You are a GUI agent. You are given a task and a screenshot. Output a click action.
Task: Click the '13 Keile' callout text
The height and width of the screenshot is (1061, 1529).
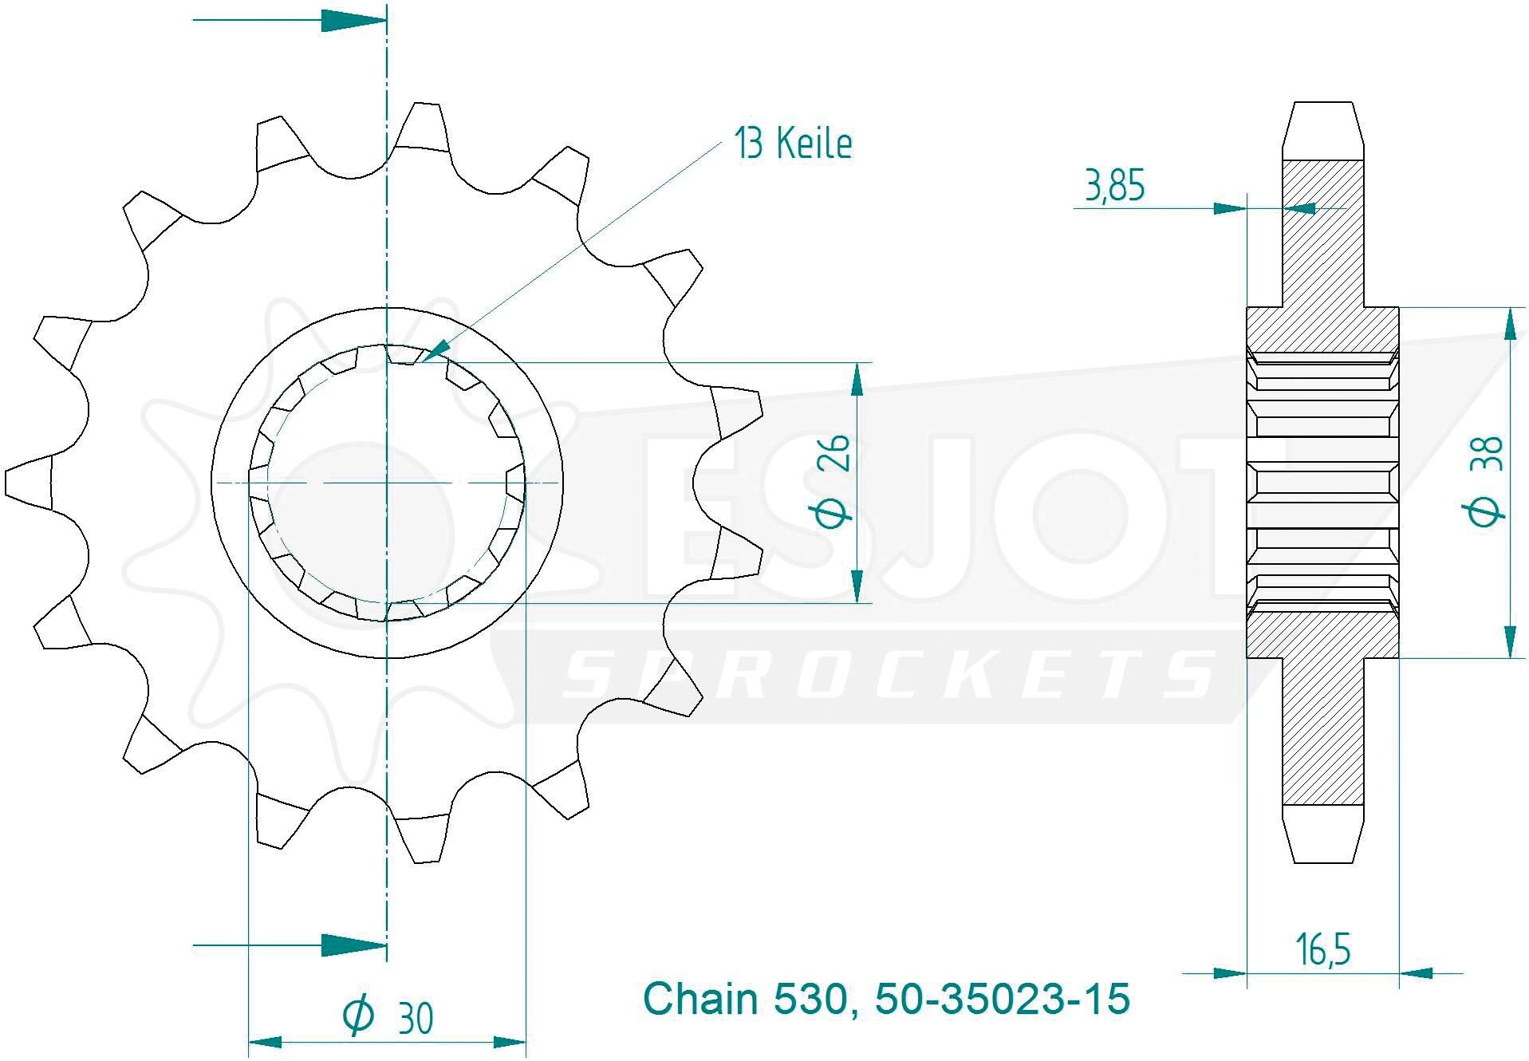[x=793, y=144]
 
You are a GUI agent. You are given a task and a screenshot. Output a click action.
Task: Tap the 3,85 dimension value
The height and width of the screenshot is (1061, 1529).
[x=1114, y=186]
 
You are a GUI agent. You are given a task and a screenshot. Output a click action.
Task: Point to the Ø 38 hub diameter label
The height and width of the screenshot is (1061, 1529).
[x=1484, y=483]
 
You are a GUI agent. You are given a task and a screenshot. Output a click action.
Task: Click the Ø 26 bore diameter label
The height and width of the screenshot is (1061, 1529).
[x=833, y=482]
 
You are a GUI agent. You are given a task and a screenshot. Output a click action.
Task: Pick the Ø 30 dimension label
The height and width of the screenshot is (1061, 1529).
[x=388, y=1017]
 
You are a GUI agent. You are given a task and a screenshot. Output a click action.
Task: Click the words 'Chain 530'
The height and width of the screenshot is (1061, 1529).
[x=743, y=999]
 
